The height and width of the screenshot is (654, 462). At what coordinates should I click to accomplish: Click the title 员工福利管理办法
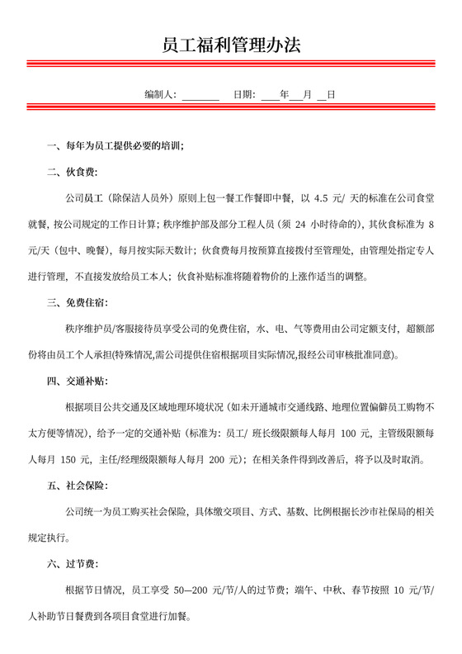pos(231,45)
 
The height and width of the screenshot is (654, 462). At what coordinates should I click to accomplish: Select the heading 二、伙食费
pos(72,172)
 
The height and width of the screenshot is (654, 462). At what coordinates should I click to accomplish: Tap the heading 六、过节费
pos(72,564)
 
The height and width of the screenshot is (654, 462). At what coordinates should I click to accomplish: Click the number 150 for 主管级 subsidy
pos(73,459)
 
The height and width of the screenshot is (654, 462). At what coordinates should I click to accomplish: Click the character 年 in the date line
pos(285,95)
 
